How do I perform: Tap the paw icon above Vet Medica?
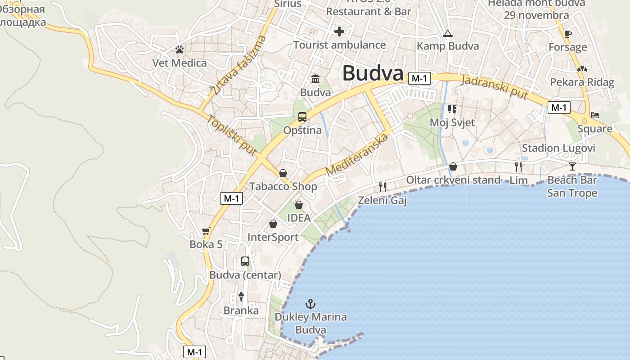pos(180,49)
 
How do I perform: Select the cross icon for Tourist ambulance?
pos(339,31)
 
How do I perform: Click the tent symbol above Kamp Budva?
pos(447,33)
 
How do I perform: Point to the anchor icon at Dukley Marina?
pos(310,304)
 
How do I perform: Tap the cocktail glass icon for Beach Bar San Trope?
pos(572,166)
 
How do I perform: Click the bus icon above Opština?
pos(302,117)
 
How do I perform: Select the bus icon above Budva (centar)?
pos(245,261)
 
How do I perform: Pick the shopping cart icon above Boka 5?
pos(206,231)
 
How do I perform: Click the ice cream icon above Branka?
pos(241,297)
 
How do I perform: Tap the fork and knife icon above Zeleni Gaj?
pos(382,187)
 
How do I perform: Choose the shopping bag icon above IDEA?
pos(299,205)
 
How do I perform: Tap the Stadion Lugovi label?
pos(558,148)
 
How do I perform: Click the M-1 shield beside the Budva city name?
pos(419,78)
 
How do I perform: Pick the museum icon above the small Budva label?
pos(315,79)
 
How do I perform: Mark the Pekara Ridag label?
pos(582,82)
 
